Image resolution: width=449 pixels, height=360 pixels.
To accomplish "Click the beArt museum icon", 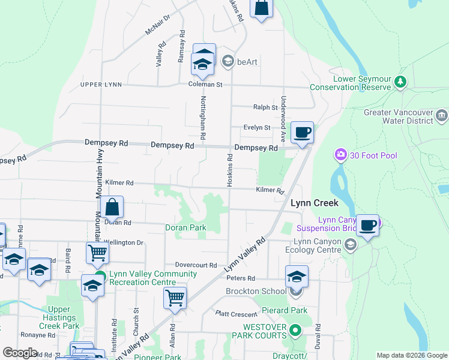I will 228,61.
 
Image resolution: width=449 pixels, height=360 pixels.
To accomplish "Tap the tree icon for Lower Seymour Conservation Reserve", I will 401,82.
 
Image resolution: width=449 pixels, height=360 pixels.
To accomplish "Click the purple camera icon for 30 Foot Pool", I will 341,156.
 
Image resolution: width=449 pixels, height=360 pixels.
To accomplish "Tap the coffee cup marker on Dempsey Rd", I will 303,133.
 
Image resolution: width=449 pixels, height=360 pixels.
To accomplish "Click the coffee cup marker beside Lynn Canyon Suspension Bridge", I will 367,226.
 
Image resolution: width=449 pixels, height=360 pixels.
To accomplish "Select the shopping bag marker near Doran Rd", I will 112,208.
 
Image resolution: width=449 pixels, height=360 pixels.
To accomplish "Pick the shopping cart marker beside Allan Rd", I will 175,298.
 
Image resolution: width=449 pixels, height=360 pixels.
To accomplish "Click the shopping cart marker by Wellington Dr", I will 97,253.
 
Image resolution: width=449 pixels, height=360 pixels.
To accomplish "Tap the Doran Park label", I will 185,228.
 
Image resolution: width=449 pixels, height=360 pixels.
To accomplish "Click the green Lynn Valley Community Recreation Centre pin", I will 100,277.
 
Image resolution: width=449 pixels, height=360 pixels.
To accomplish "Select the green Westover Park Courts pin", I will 295,330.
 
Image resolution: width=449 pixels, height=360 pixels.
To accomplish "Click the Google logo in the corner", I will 20,353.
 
